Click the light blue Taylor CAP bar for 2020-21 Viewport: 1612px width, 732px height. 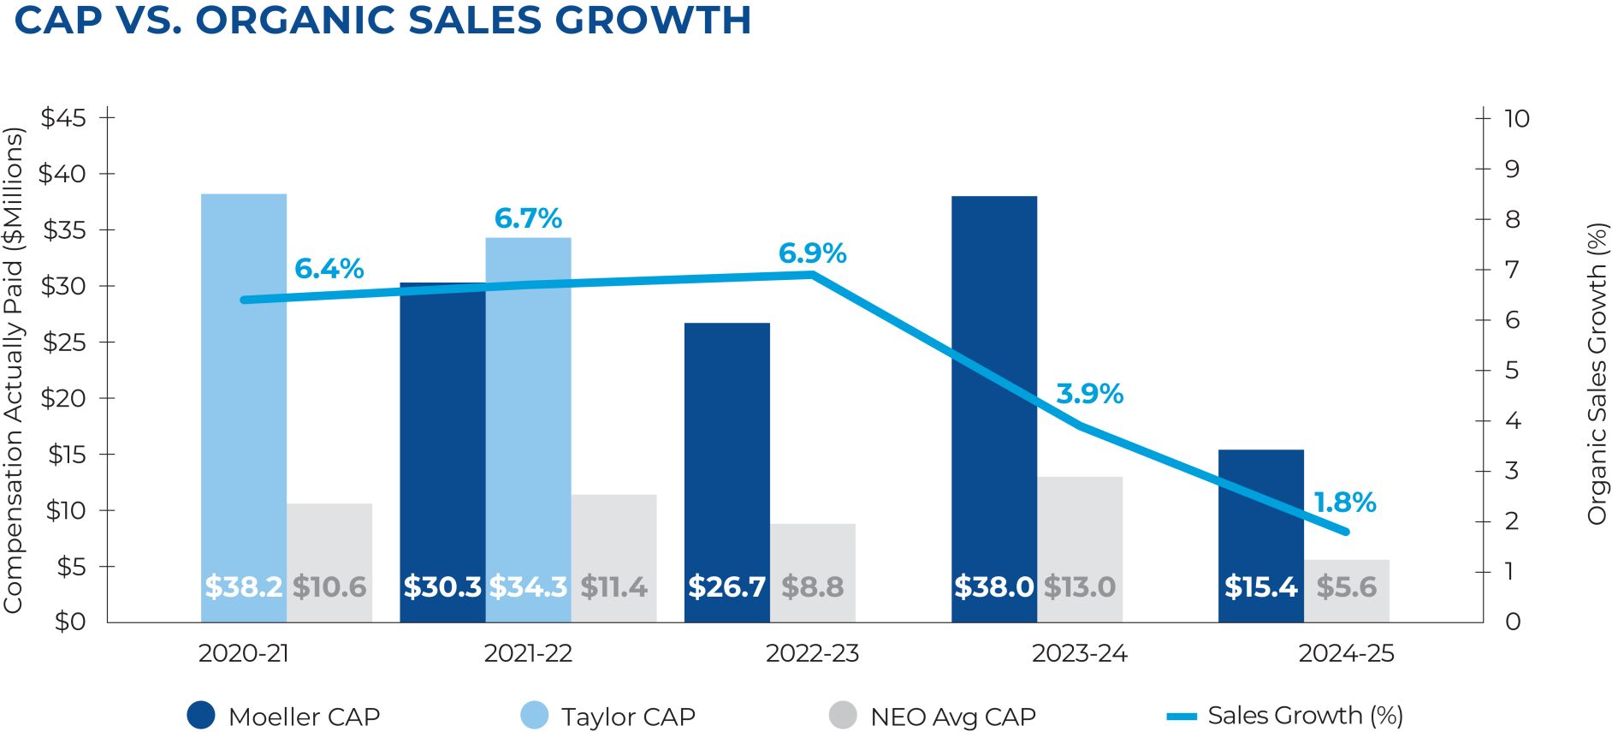pos(244,385)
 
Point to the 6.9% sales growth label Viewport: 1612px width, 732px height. pos(812,253)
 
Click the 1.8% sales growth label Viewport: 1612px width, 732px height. pos(1344,503)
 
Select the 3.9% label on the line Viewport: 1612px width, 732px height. pos(1089,394)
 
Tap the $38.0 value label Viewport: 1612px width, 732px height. pos(993,587)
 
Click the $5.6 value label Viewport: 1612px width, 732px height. pos(1346,587)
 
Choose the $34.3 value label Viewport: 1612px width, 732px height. pos(528,587)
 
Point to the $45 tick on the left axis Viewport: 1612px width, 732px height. pos(64,118)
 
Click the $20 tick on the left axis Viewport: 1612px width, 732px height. pos(64,398)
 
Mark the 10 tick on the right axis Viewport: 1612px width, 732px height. pos(1516,118)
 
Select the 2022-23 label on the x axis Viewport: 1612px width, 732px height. pos(812,654)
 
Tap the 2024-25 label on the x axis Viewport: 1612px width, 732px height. pos(1346,654)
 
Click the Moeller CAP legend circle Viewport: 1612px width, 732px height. pos(201,716)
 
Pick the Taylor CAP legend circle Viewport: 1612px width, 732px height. pos(535,716)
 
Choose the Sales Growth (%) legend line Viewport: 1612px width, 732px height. pos(1182,716)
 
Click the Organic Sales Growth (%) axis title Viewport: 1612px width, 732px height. pos(1597,374)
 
